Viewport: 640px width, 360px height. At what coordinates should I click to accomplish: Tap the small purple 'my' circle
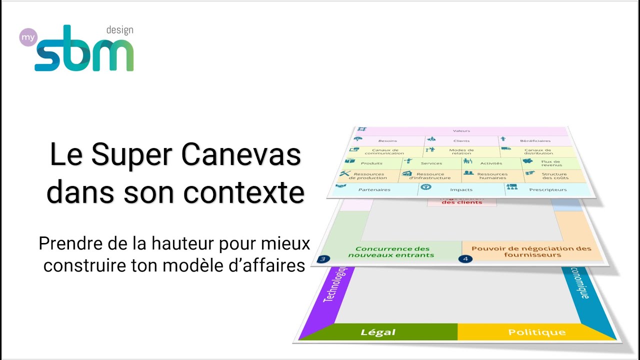click(28, 37)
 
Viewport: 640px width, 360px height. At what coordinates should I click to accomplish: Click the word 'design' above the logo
click(119, 30)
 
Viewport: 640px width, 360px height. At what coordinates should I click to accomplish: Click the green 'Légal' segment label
click(378, 332)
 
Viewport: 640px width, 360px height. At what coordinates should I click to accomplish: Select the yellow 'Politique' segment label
click(537, 332)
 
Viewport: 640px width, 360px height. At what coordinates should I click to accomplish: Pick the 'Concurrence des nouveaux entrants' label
click(392, 252)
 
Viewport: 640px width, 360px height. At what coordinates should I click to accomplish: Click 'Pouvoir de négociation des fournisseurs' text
click(531, 251)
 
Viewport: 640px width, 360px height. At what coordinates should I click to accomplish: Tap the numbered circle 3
click(323, 259)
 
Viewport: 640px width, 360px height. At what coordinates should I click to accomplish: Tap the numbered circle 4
click(465, 259)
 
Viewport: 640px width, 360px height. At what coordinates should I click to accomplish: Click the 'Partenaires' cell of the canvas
click(374, 190)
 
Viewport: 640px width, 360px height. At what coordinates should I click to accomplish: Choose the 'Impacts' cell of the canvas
click(461, 190)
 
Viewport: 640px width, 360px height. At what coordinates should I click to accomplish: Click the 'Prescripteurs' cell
click(547, 190)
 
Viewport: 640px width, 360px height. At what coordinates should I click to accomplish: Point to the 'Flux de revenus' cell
click(550, 163)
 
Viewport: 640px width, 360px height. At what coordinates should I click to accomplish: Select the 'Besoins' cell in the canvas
click(387, 141)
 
